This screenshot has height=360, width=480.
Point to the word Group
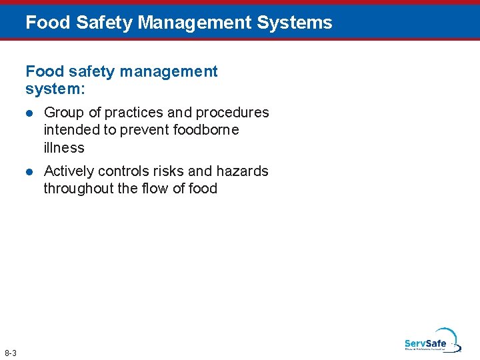tap(63, 113)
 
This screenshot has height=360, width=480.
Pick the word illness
tap(64, 147)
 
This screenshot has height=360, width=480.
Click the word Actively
tap(69, 171)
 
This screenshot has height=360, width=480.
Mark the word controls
tap(124, 171)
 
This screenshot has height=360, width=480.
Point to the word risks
tap(169, 171)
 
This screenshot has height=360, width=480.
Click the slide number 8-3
tap(10, 353)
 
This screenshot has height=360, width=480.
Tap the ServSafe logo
tap(431, 341)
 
